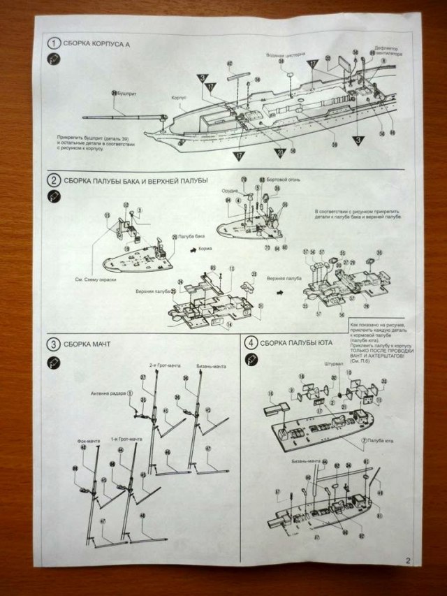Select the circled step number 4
click(x=250, y=342)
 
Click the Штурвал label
click(x=315, y=364)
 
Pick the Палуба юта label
click(x=378, y=442)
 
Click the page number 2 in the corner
click(x=406, y=559)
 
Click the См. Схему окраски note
click(x=94, y=279)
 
